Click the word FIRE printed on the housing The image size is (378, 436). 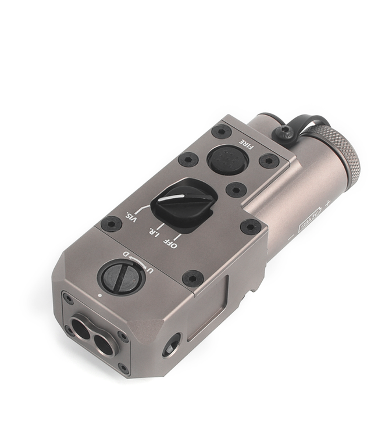point(247,141)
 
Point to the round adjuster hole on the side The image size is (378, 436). point(172,346)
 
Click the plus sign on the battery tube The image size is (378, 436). point(329,204)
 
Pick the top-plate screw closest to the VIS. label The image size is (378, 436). point(111,223)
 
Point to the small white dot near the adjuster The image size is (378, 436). point(101,294)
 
